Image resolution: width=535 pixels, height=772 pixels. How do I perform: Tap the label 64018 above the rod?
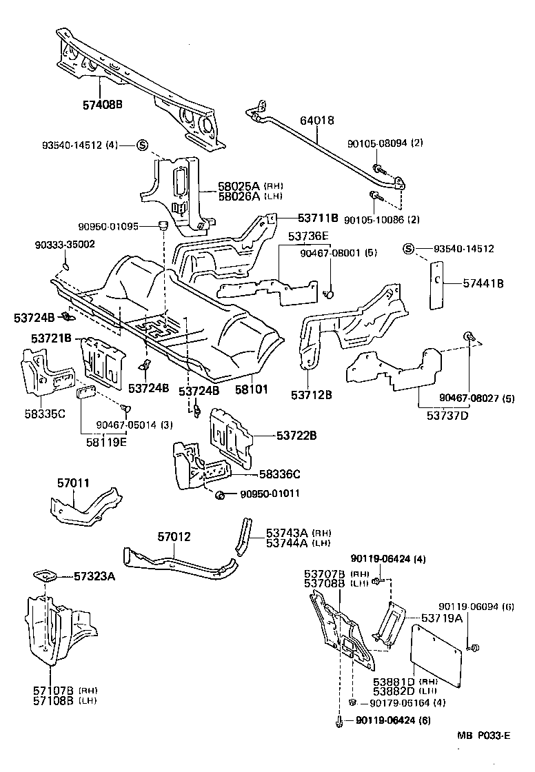[x=316, y=120]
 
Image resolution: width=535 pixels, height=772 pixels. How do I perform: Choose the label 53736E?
[x=308, y=236]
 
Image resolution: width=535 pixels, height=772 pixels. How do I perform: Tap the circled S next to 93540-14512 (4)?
[x=141, y=145]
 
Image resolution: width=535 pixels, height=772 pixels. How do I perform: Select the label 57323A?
[x=94, y=576]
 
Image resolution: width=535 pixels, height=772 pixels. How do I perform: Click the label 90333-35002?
[x=65, y=244]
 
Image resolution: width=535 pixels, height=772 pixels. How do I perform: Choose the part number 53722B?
[x=296, y=435]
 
